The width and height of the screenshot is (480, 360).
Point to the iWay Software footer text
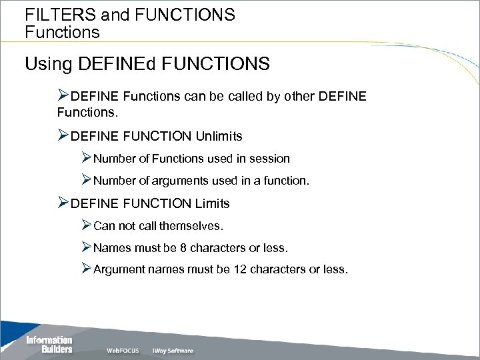coord(173,351)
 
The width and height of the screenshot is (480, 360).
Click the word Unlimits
coord(219,136)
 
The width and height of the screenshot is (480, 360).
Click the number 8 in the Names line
coord(183,248)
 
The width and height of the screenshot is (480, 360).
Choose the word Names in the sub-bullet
coord(111,248)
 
